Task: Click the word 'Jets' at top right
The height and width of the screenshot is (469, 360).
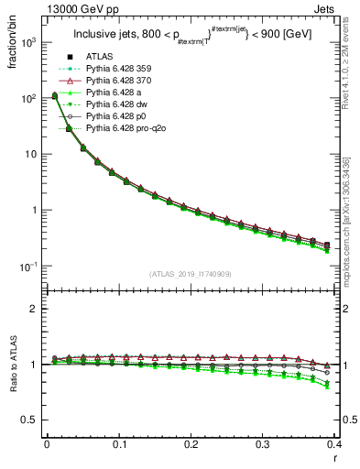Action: click(326, 10)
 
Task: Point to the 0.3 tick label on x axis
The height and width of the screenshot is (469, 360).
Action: click(264, 443)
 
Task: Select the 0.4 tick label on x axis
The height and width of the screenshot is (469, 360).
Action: click(335, 443)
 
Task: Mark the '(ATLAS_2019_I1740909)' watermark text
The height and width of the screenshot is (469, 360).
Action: click(191, 274)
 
